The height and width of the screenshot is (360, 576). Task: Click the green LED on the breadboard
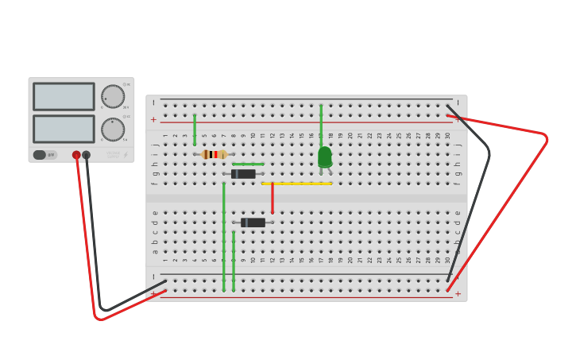click(325, 157)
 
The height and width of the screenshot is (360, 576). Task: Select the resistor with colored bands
click(215, 154)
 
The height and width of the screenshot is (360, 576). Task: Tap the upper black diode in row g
click(244, 174)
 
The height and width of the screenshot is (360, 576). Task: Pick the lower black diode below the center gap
click(253, 223)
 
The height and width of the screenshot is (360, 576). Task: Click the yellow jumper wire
click(297, 184)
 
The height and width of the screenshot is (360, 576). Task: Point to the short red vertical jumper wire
click(273, 199)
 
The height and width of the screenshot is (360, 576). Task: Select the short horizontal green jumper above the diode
click(248, 165)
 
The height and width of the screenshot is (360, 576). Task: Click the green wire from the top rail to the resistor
click(195, 130)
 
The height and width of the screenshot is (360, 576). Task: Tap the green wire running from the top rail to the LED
click(321, 123)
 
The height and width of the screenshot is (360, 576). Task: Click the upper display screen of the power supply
click(64, 96)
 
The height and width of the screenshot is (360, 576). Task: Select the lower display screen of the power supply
click(64, 129)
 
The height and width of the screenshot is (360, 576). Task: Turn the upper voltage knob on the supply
click(113, 96)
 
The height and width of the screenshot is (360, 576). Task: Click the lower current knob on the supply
click(113, 129)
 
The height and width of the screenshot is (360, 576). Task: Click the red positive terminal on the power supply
click(76, 155)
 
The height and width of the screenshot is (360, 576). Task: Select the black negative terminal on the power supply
click(87, 155)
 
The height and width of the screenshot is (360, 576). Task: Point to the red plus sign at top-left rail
click(153, 120)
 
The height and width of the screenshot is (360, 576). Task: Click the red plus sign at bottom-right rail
click(458, 293)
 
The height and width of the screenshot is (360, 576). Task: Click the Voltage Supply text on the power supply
click(113, 155)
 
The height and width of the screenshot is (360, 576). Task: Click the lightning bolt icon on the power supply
click(126, 155)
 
